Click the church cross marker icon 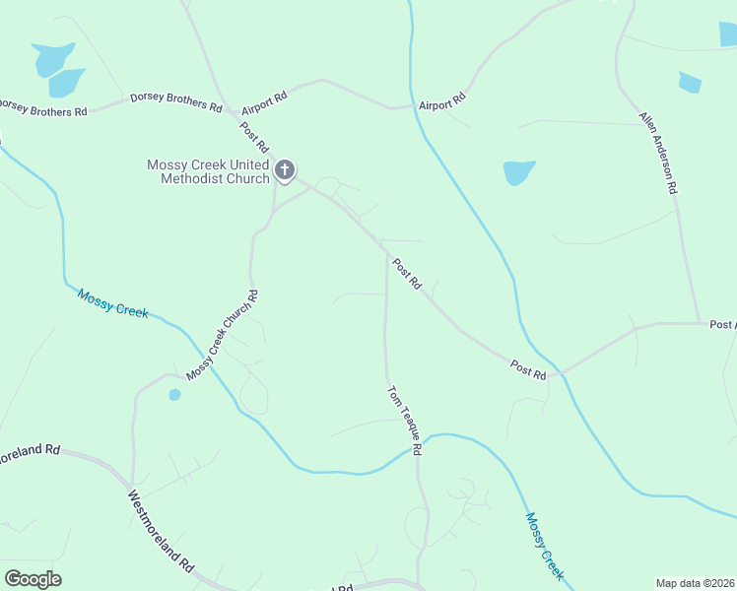click(x=285, y=171)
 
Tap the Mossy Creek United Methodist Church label click(x=208, y=171)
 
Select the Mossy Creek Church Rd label click(x=222, y=335)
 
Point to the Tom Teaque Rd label click(x=404, y=420)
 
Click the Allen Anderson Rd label click(x=658, y=152)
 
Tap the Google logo click(x=33, y=579)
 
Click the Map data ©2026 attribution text click(x=696, y=583)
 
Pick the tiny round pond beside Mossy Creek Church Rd click(x=174, y=395)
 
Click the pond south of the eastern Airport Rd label click(x=518, y=172)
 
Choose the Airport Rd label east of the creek click(x=441, y=102)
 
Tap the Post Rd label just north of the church click(x=254, y=134)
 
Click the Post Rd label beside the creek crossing click(x=528, y=369)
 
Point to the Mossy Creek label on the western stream click(x=112, y=303)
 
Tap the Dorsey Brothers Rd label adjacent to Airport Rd click(x=175, y=101)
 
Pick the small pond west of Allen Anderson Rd click(x=690, y=83)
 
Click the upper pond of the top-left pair click(x=52, y=58)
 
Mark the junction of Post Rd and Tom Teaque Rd click(x=385, y=252)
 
